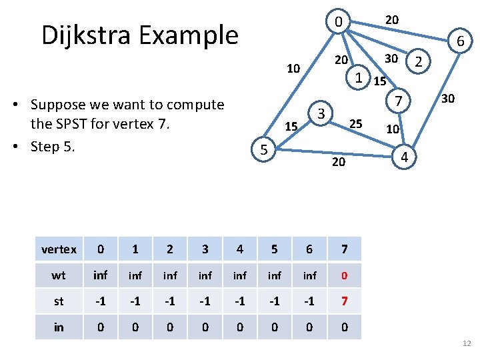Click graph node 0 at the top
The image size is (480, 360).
(x=339, y=23)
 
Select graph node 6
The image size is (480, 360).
(x=460, y=42)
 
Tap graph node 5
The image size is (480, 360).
(x=264, y=151)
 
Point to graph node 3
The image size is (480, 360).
(x=321, y=113)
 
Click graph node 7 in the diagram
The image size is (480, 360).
(x=397, y=101)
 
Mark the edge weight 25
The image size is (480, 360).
(x=356, y=123)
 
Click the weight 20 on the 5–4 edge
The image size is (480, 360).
(x=339, y=162)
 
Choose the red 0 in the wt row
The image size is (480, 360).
(x=344, y=275)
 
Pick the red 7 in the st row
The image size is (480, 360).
(x=344, y=301)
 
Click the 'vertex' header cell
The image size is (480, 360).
(x=59, y=249)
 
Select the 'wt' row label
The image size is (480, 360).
(x=59, y=275)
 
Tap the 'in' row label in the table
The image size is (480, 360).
(x=59, y=327)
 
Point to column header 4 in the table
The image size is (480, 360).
(x=239, y=249)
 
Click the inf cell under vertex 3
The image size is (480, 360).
(x=205, y=275)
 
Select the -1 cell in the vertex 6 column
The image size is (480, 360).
(x=309, y=301)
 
